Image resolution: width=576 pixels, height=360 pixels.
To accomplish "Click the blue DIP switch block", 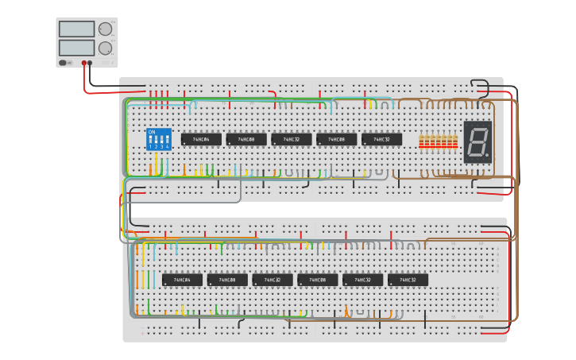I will pos(159,139).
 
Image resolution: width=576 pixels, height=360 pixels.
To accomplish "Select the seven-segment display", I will pos(477,142).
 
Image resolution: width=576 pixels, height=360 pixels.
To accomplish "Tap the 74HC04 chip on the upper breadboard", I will pos(201,139).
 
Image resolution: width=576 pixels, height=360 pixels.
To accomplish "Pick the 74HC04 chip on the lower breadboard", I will pos(182,280).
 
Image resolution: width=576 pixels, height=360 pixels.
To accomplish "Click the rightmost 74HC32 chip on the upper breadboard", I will pos(381,139).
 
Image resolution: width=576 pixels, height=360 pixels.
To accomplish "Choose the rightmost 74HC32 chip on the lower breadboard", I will pos(408,280).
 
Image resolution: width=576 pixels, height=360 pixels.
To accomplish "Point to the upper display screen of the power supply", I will pos(76,29).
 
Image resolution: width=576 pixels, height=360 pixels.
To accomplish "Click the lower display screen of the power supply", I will pos(76,48).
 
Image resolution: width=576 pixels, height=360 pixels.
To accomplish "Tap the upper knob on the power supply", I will pos(105,29).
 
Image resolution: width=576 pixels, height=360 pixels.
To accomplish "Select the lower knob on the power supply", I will pos(105,48).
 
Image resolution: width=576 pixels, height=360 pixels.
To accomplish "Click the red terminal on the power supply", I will pos(83,63).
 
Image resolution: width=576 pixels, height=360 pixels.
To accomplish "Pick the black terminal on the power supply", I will pos(90,63).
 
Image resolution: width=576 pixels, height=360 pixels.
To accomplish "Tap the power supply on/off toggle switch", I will pos(63,63).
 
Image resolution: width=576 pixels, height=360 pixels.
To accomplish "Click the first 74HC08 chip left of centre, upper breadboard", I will pos(246,139).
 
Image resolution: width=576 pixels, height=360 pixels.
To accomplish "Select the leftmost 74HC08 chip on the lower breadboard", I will pos(227,280).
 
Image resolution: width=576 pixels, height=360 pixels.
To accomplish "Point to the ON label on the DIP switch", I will pos(152,132).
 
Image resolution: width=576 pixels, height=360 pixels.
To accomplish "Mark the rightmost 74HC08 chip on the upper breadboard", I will pos(336,139).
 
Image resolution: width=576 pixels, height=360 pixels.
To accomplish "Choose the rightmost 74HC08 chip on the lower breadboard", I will pos(317,280).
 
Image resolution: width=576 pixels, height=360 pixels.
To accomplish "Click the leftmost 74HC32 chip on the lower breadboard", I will pos(273,280).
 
